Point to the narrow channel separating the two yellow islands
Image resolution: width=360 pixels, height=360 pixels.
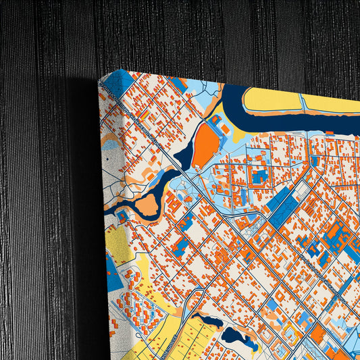[x=303, y=103]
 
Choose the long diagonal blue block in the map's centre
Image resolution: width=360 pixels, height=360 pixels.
[x=284, y=203]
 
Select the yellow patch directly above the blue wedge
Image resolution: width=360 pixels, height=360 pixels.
[x=119, y=240]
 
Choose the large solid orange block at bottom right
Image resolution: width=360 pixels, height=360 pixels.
[x=318, y=334]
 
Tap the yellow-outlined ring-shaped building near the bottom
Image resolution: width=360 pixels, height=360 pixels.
[x=292, y=332]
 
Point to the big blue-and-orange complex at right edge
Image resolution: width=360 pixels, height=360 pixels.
[x=338, y=240]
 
